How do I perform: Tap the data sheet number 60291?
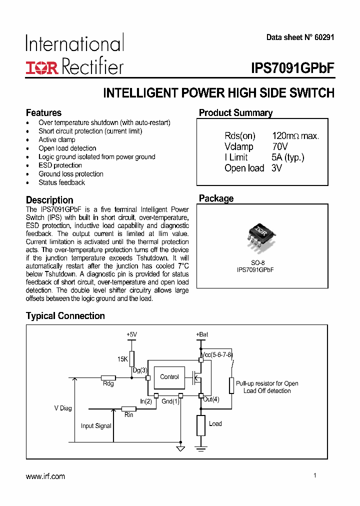click(x=323, y=37)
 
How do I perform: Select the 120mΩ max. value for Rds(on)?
click(x=295, y=136)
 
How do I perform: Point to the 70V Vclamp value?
click(x=280, y=147)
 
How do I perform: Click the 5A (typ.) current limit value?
click(x=288, y=157)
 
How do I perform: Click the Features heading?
click(x=43, y=113)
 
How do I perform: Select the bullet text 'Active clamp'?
click(x=57, y=140)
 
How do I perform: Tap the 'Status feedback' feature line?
click(x=62, y=182)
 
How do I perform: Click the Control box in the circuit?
click(x=169, y=377)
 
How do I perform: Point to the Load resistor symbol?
click(x=200, y=425)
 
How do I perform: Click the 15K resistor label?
click(x=123, y=359)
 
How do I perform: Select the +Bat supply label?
click(x=202, y=334)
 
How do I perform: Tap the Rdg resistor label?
click(x=108, y=384)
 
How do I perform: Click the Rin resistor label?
click(x=128, y=415)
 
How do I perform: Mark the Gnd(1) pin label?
click(x=170, y=401)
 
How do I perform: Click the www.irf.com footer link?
click(x=45, y=476)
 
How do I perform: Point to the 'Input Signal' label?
click(x=96, y=426)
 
